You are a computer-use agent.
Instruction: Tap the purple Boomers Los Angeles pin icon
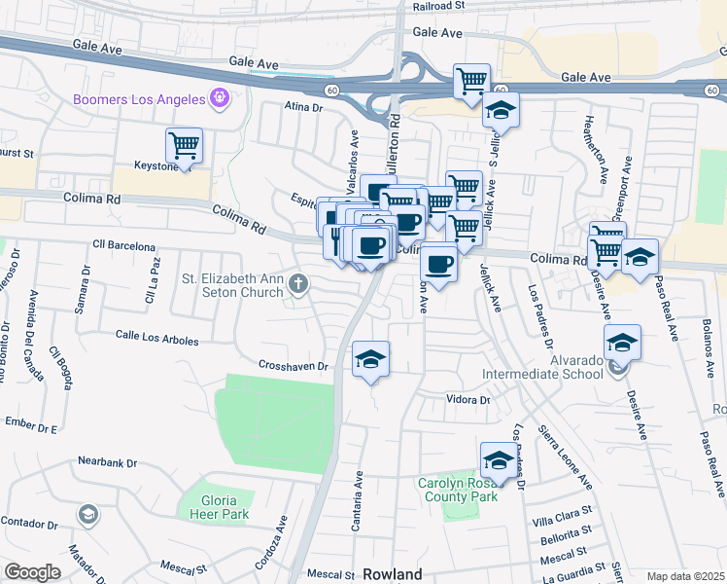click(x=221, y=99)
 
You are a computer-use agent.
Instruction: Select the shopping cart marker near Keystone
click(x=184, y=147)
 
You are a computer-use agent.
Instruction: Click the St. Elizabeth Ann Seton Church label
click(x=231, y=285)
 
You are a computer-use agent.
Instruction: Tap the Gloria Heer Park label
click(x=214, y=507)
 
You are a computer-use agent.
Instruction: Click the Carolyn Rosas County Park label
click(x=458, y=490)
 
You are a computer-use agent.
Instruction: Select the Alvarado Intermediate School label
click(x=549, y=365)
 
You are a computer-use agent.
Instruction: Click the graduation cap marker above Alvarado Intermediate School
click(x=622, y=344)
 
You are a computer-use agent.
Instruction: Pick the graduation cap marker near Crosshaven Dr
click(x=370, y=360)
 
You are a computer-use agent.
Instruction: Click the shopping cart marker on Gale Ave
click(x=471, y=83)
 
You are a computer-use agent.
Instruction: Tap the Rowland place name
click(x=393, y=574)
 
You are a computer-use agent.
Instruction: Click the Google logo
click(x=32, y=572)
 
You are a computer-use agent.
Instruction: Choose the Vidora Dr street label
click(x=467, y=400)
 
